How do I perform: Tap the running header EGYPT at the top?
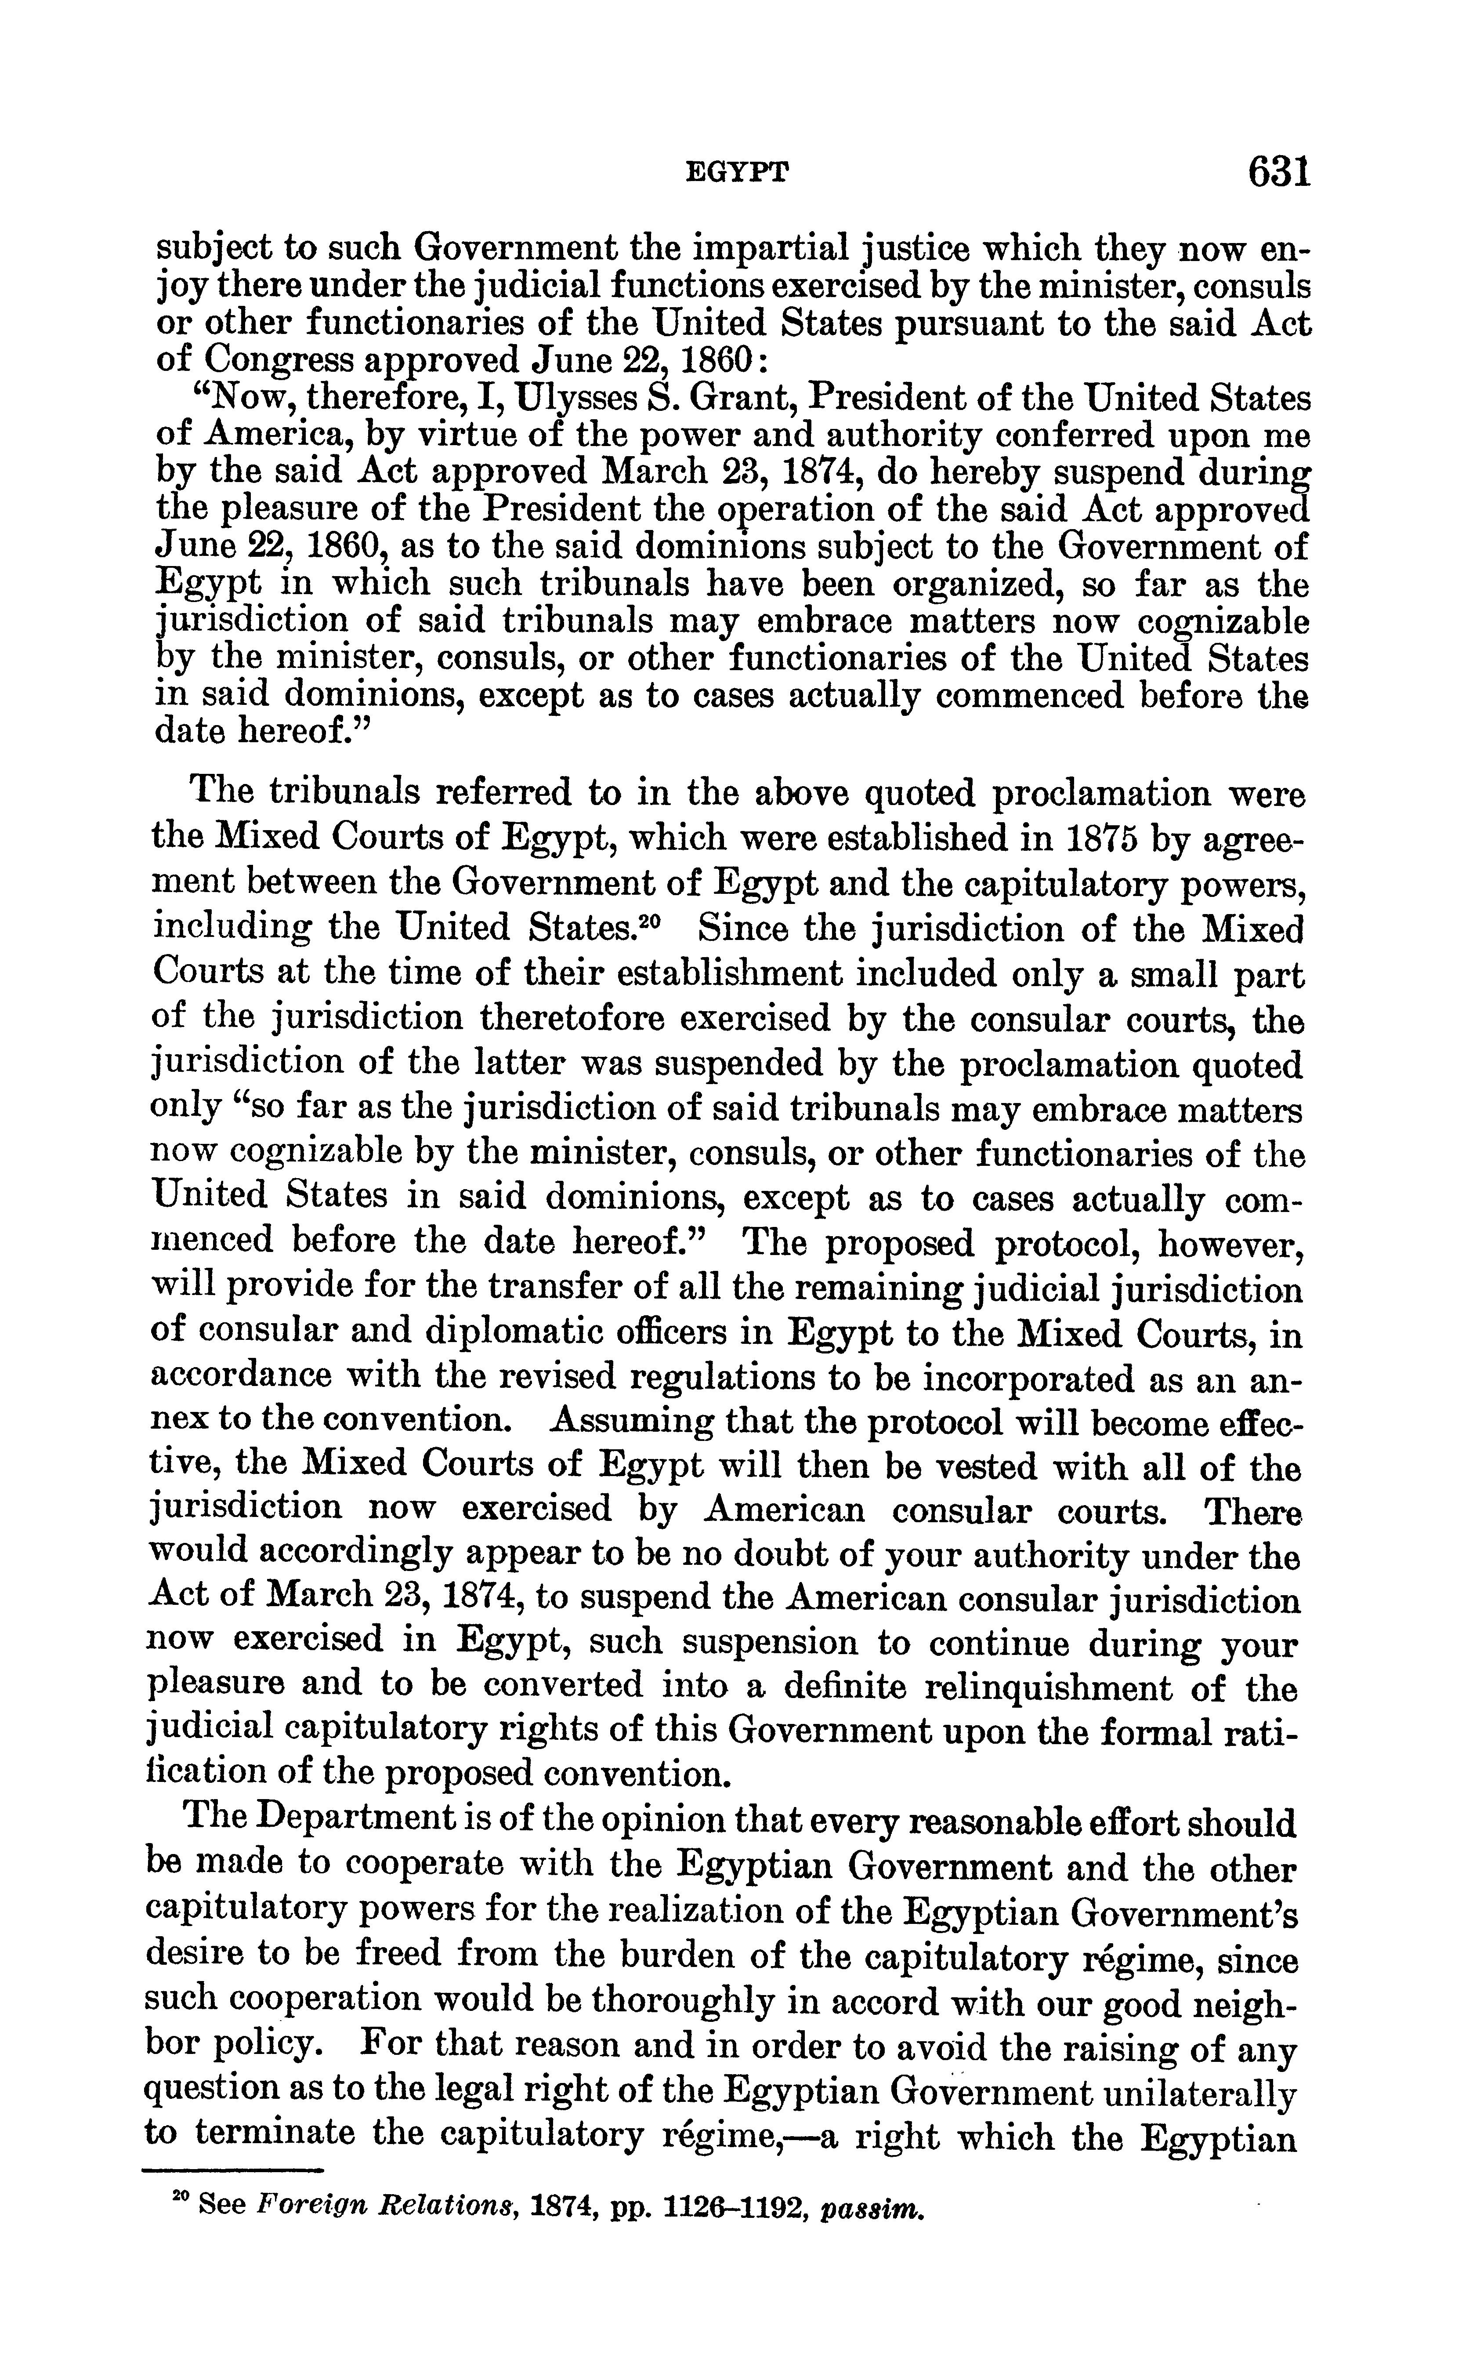click(x=737, y=174)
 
